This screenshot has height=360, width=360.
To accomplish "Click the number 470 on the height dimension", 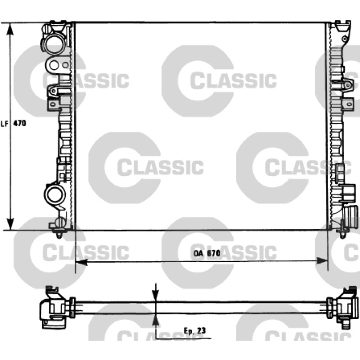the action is tap(20, 123).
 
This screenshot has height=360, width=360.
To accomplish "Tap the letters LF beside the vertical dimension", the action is tap(5, 124).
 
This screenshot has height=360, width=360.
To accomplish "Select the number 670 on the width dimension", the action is tap(213, 253).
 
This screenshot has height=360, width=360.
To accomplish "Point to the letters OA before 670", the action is tap(198, 253).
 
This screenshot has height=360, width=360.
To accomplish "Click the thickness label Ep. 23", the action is tap(195, 331).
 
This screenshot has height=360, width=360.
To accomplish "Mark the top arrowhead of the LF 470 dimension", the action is tap(10, 29).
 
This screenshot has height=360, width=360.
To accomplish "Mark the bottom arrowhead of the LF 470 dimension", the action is tap(10, 223).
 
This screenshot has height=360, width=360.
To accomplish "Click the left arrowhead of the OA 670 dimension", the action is tap(81, 261).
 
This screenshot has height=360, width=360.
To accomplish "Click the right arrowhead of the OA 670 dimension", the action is tap(322, 261).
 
